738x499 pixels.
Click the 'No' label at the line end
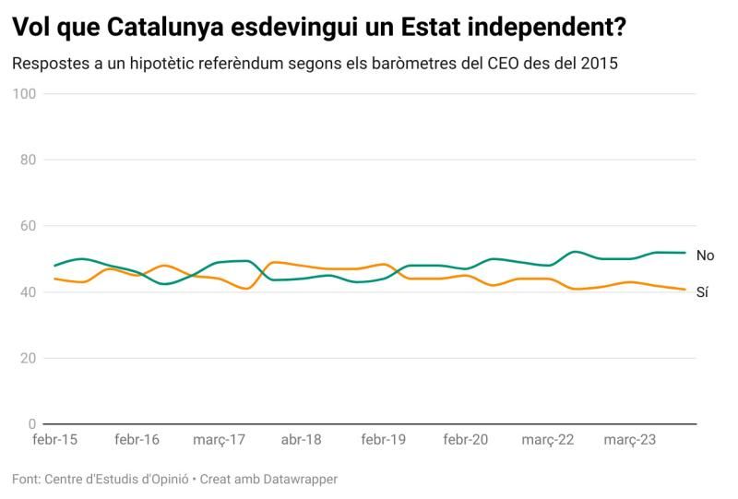tap(706, 255)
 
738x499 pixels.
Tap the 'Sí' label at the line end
tap(703, 292)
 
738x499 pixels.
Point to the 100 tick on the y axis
tap(25, 94)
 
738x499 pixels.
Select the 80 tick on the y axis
tap(28, 160)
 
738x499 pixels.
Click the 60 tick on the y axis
tap(28, 226)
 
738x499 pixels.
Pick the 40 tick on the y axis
tap(28, 292)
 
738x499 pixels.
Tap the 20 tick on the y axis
tap(28, 358)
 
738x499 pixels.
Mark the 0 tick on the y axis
tap(31, 424)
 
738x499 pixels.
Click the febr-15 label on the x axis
tap(54, 440)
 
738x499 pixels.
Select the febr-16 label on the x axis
tap(137, 440)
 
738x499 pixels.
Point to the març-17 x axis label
tap(220, 440)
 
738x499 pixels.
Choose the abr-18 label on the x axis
tap(301, 440)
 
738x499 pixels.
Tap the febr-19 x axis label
tap(384, 440)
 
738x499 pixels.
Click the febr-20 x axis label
tap(466, 440)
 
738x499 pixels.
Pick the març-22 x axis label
tap(548, 440)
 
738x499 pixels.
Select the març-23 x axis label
tap(630, 440)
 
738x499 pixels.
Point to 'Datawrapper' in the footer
tap(299, 480)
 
